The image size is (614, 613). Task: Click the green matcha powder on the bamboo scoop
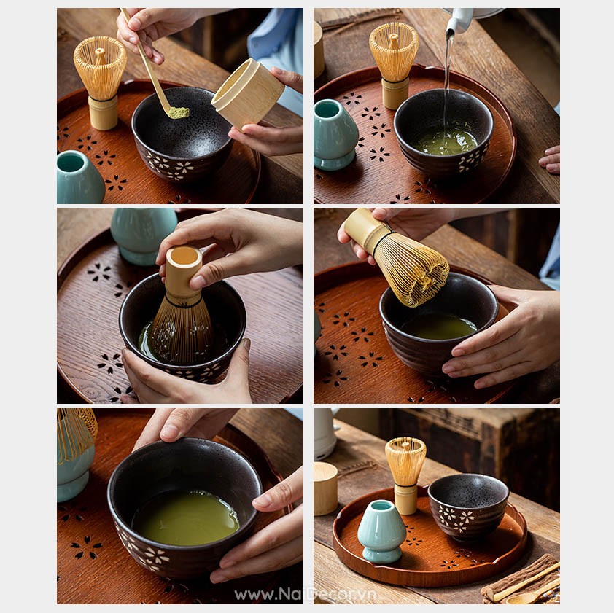click(x=179, y=113)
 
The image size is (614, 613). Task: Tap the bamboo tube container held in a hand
click(x=247, y=94)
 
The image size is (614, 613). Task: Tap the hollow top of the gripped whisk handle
click(x=184, y=256)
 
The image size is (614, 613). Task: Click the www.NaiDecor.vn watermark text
click(x=306, y=595)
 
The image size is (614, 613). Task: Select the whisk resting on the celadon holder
click(x=76, y=430)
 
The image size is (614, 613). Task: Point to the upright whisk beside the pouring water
click(x=394, y=66)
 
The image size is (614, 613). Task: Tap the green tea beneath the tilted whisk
click(x=438, y=327)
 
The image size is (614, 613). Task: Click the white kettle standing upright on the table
click(x=325, y=434)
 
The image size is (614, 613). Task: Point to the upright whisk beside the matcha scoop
click(x=100, y=82)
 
